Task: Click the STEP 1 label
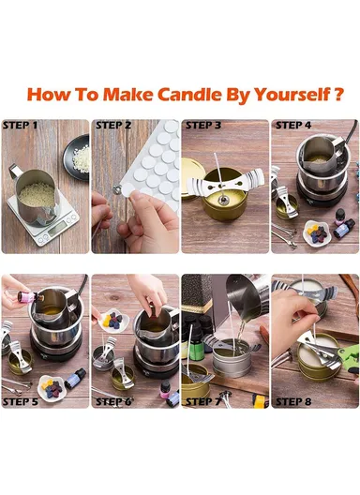click(x=21, y=125)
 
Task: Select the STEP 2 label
click(x=112, y=125)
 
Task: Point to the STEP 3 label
click(x=203, y=125)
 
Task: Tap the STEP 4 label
click(x=292, y=125)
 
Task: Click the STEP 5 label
click(x=21, y=401)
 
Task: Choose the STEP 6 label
click(x=112, y=401)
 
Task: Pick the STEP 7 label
click(x=203, y=401)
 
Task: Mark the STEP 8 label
click(x=292, y=401)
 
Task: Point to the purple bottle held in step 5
click(x=27, y=301)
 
